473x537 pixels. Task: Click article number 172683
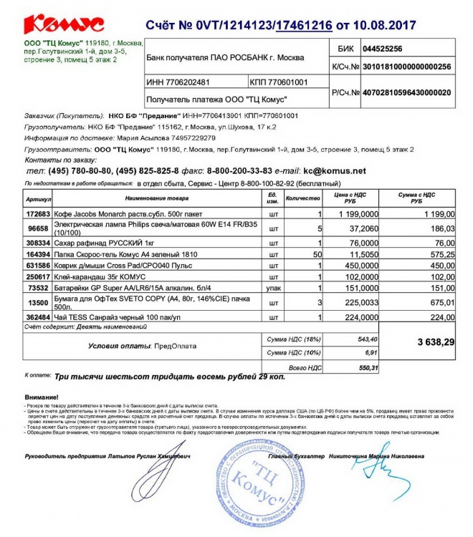tap(38, 214)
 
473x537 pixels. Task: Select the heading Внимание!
tap(42, 397)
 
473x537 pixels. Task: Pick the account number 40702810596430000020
tap(406, 93)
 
